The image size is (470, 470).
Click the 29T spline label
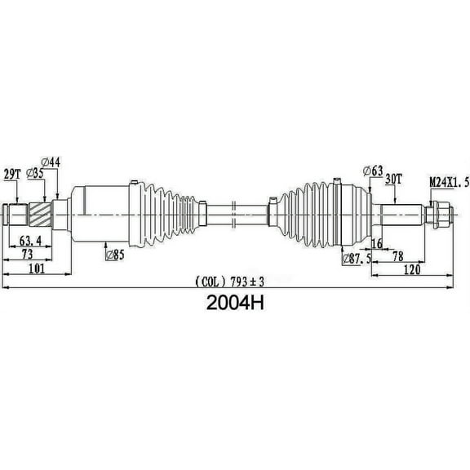(x=12, y=174)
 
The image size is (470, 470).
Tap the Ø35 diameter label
(x=34, y=174)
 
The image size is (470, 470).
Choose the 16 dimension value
(x=377, y=244)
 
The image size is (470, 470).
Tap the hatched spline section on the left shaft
(x=40, y=215)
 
